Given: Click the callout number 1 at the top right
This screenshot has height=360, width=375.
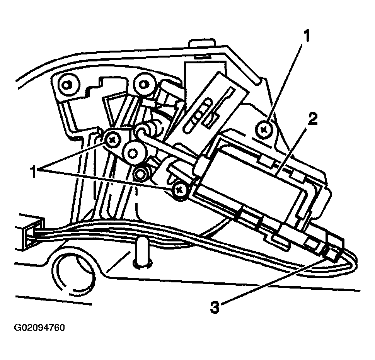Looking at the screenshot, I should tap(306, 37).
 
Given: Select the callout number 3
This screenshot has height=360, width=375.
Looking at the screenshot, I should tap(215, 307).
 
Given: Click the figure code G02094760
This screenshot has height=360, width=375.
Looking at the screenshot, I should tap(40, 328).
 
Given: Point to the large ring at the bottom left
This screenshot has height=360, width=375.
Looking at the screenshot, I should tap(73, 274).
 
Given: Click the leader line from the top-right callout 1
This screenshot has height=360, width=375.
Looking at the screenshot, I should tap(286, 81).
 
